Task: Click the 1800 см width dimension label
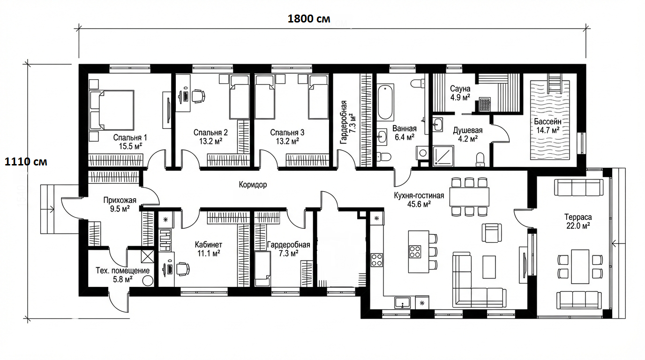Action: pos(309,19)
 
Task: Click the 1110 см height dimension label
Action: pos(26,162)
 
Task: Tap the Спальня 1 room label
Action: pos(130,142)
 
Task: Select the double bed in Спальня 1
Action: pos(112,110)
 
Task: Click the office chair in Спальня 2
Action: pos(198,96)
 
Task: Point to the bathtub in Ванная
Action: pos(385,102)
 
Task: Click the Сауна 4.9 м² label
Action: pos(460,93)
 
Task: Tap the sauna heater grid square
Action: pos(485,104)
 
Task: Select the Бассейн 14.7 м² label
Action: pos(547,126)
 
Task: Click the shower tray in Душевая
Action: pos(443,156)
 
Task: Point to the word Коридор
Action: pos(253,185)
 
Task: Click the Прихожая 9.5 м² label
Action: pos(120,204)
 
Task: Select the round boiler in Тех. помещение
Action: pos(148,281)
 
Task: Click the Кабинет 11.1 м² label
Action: pos(209,249)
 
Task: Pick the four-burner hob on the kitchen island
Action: pos(415,251)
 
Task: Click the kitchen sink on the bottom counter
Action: pos(403,303)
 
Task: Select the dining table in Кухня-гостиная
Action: pos(469,197)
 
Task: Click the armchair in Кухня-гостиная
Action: pos(492,232)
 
